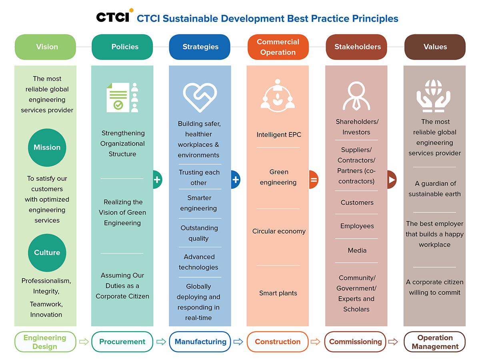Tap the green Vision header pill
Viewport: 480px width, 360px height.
pyautogui.click(x=45, y=47)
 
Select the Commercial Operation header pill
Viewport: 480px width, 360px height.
pyautogui.click(x=278, y=47)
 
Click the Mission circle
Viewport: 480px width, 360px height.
pyautogui.click(x=47, y=148)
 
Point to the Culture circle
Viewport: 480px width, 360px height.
pyautogui.click(x=47, y=253)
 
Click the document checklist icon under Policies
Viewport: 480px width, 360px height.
pyautogui.click(x=122, y=98)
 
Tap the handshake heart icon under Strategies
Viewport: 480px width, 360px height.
pyautogui.click(x=200, y=98)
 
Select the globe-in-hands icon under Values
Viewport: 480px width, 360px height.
pyautogui.click(x=433, y=96)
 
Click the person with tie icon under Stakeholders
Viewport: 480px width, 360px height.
pyautogui.click(x=356, y=96)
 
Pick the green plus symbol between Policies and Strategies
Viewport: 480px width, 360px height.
pyautogui.click(x=157, y=180)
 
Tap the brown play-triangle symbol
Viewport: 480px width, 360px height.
pyautogui.click(x=392, y=180)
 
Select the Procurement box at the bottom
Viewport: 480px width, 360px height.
pyautogui.click(x=122, y=342)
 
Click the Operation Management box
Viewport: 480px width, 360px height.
pyautogui.click(x=434, y=342)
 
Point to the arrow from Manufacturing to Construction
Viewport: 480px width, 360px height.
pyautogui.click(x=238, y=342)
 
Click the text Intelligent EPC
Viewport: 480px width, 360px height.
pyautogui.click(x=279, y=135)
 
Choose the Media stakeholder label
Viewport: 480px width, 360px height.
pyautogui.click(x=357, y=250)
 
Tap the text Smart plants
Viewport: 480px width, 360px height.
pyautogui.click(x=278, y=293)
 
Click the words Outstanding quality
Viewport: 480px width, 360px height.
pyautogui.click(x=199, y=233)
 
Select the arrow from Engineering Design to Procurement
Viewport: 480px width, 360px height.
pyautogui.click(x=84, y=342)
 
